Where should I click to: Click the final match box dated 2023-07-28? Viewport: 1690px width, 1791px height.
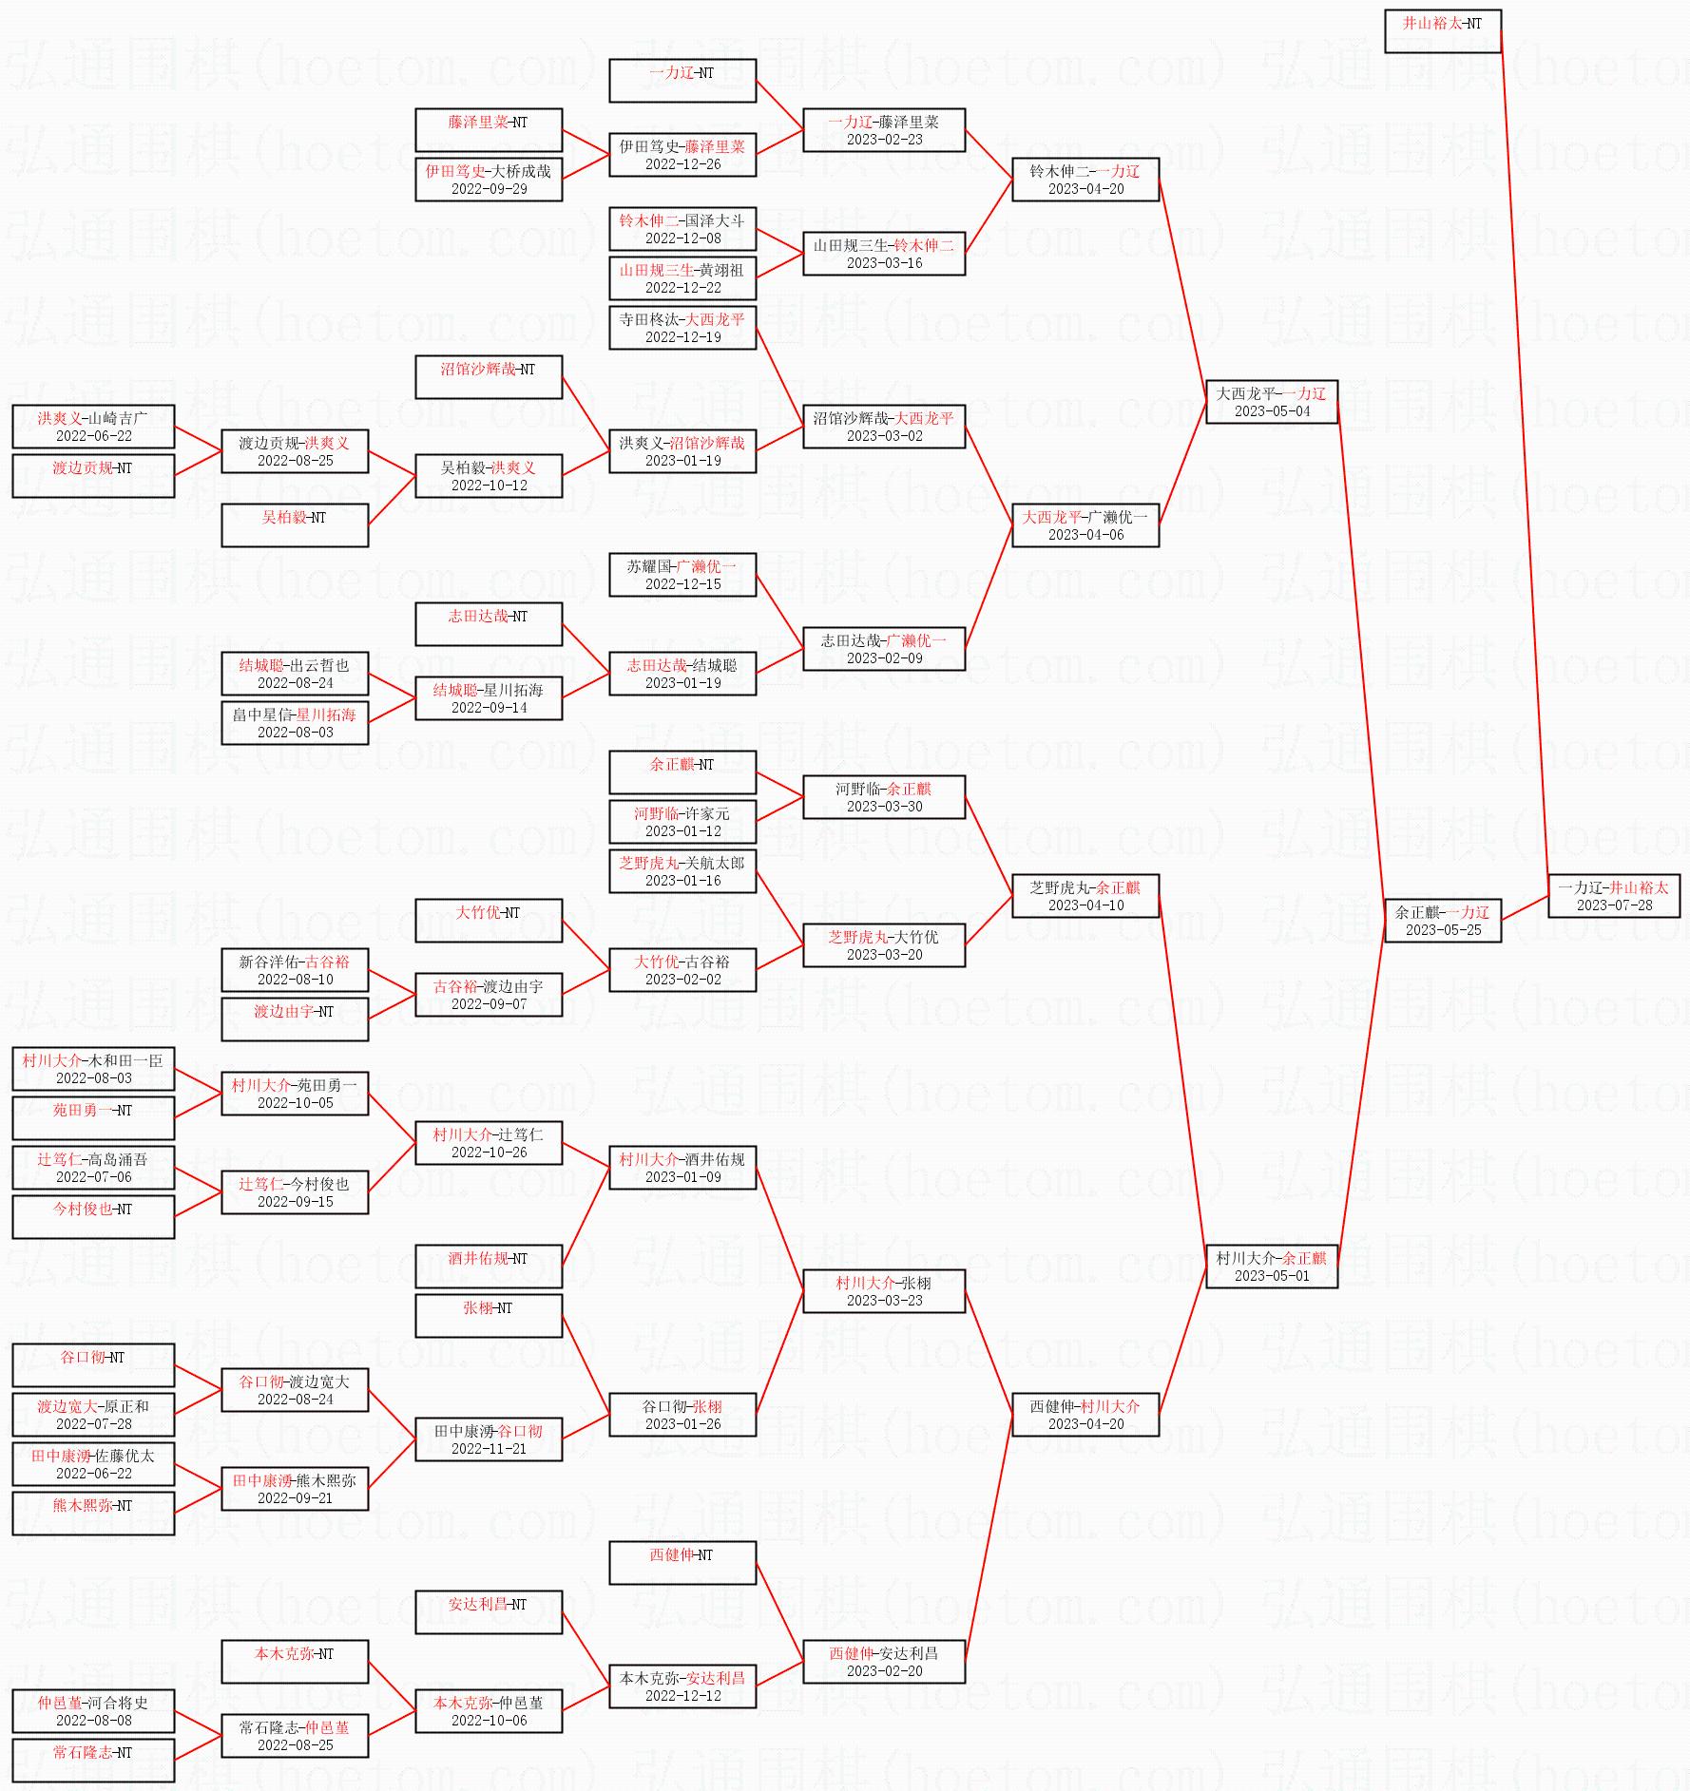click(1613, 896)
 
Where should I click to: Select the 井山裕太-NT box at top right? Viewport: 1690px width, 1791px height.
click(1442, 31)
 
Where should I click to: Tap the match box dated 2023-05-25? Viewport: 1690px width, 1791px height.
click(1442, 921)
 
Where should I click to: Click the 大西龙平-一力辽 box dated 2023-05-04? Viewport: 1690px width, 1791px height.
click(1271, 402)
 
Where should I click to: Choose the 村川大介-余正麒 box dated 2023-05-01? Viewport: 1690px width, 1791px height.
click(1271, 1267)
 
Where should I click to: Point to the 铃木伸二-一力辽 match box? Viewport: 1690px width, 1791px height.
click(1085, 180)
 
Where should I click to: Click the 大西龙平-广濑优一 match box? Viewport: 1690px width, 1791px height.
click(1085, 525)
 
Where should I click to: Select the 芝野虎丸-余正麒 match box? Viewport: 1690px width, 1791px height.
click(1085, 896)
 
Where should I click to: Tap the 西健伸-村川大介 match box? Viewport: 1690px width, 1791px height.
click(1085, 1415)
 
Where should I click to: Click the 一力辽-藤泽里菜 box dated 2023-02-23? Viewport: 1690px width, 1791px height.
click(883, 130)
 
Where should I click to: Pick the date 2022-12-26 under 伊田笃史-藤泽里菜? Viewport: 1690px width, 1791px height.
click(682, 164)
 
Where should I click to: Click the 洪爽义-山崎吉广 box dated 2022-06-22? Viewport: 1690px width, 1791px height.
click(93, 427)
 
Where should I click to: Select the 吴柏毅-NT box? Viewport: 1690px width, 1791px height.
click(295, 525)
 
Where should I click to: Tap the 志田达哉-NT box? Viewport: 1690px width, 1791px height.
click(489, 624)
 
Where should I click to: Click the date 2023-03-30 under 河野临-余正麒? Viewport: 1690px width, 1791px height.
click(884, 807)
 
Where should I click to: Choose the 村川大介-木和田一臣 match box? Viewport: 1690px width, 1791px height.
click(93, 1069)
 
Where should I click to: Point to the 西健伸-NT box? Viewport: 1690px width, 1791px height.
click(682, 1563)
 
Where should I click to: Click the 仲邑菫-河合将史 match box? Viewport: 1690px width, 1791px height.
click(93, 1711)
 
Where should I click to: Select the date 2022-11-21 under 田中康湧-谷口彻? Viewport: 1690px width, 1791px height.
click(489, 1449)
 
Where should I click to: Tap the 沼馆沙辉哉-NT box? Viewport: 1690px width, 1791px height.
click(489, 377)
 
